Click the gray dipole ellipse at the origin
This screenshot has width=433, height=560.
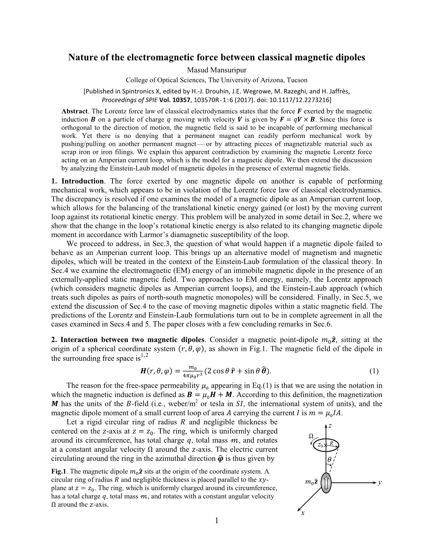[x=326, y=482]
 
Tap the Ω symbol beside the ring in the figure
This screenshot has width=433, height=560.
[x=310, y=436]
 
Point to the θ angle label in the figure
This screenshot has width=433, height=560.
[x=329, y=460]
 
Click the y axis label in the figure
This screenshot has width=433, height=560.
[x=380, y=482]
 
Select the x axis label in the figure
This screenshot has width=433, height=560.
[x=302, y=512]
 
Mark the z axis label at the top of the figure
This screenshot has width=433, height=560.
[x=330, y=426]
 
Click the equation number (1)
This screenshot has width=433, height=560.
[x=374, y=371]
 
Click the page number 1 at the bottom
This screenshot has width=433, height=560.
[x=216, y=520]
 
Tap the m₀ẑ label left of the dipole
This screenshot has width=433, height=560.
[x=312, y=482]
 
